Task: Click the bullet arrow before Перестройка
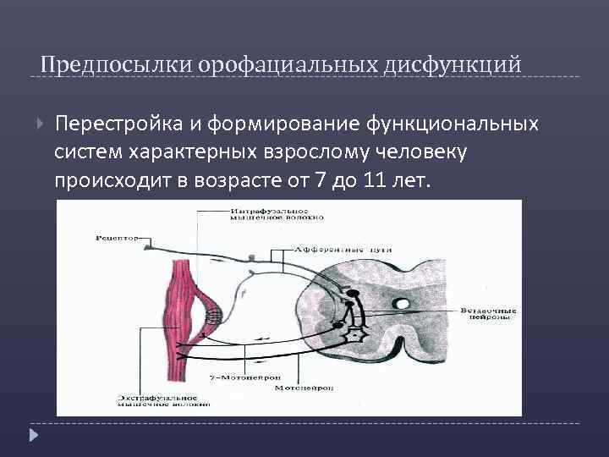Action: [x=41, y=124]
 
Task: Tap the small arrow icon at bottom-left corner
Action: [x=34, y=436]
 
